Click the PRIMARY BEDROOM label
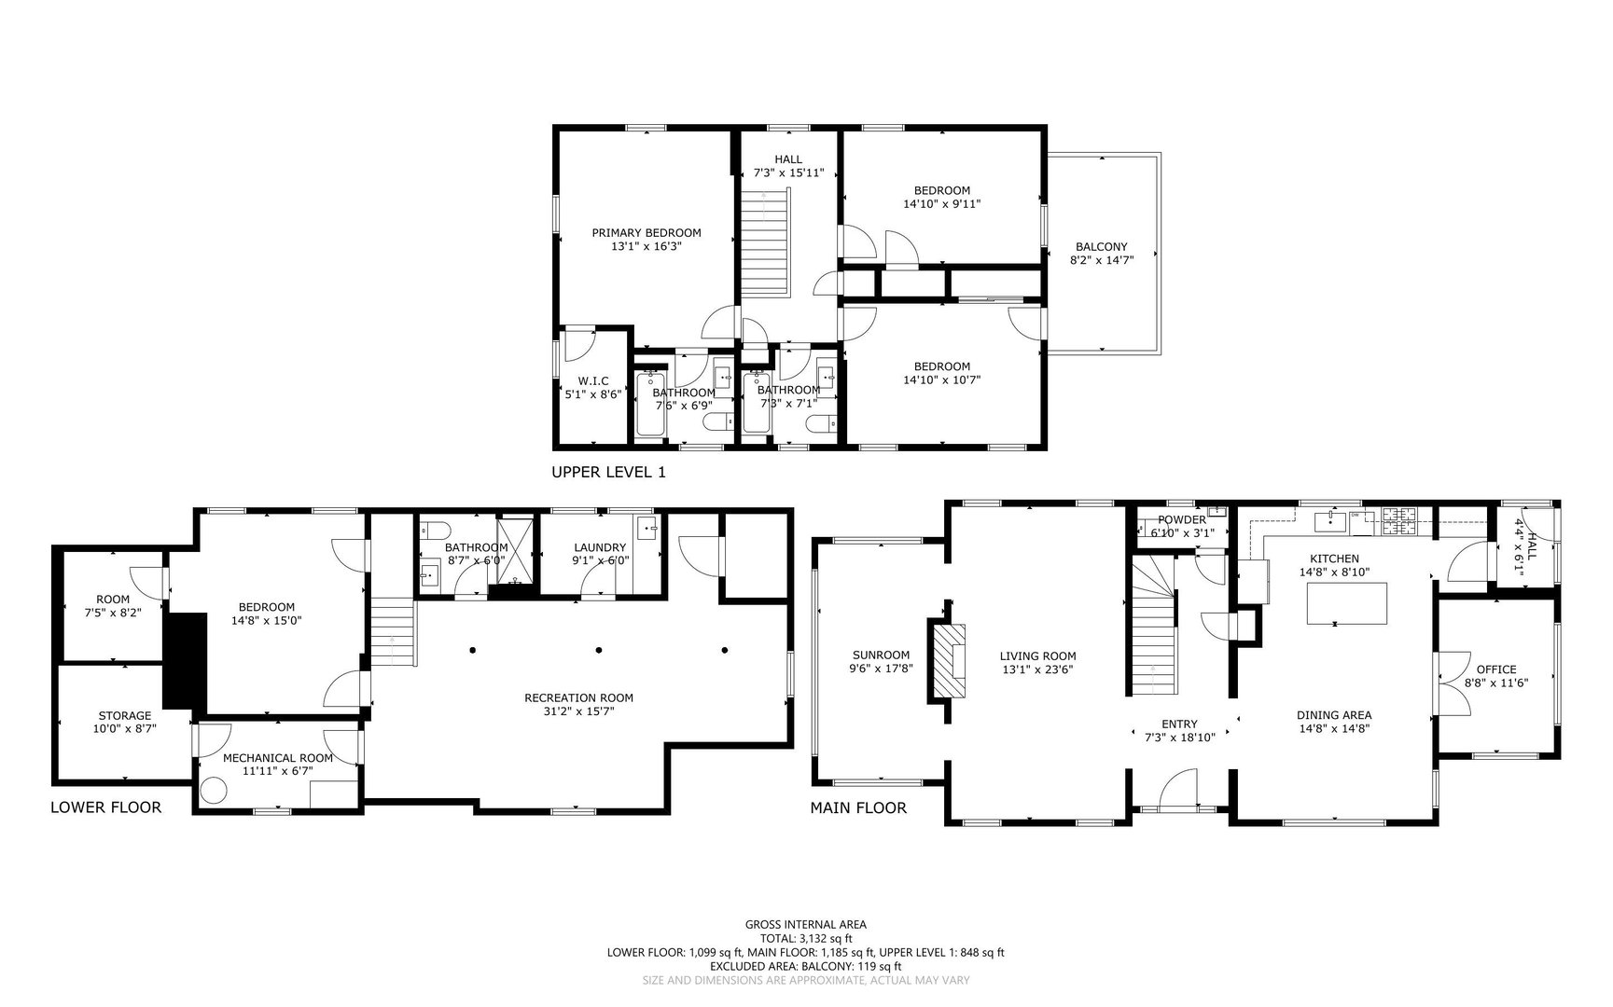coord(647,233)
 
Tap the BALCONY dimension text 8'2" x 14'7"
coord(1101,261)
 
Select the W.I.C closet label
coord(593,380)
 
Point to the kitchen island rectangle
coord(1347,602)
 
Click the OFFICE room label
coord(1496,669)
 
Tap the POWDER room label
coord(1182,519)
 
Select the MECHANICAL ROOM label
coord(277,758)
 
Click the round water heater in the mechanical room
coord(215,791)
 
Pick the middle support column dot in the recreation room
coord(599,650)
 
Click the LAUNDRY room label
coord(600,547)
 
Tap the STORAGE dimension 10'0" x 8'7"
coord(125,729)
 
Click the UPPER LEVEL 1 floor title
coord(609,473)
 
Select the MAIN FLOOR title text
coord(858,807)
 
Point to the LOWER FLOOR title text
coord(105,807)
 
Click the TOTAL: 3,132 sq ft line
coord(806,939)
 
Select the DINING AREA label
coord(1334,715)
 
